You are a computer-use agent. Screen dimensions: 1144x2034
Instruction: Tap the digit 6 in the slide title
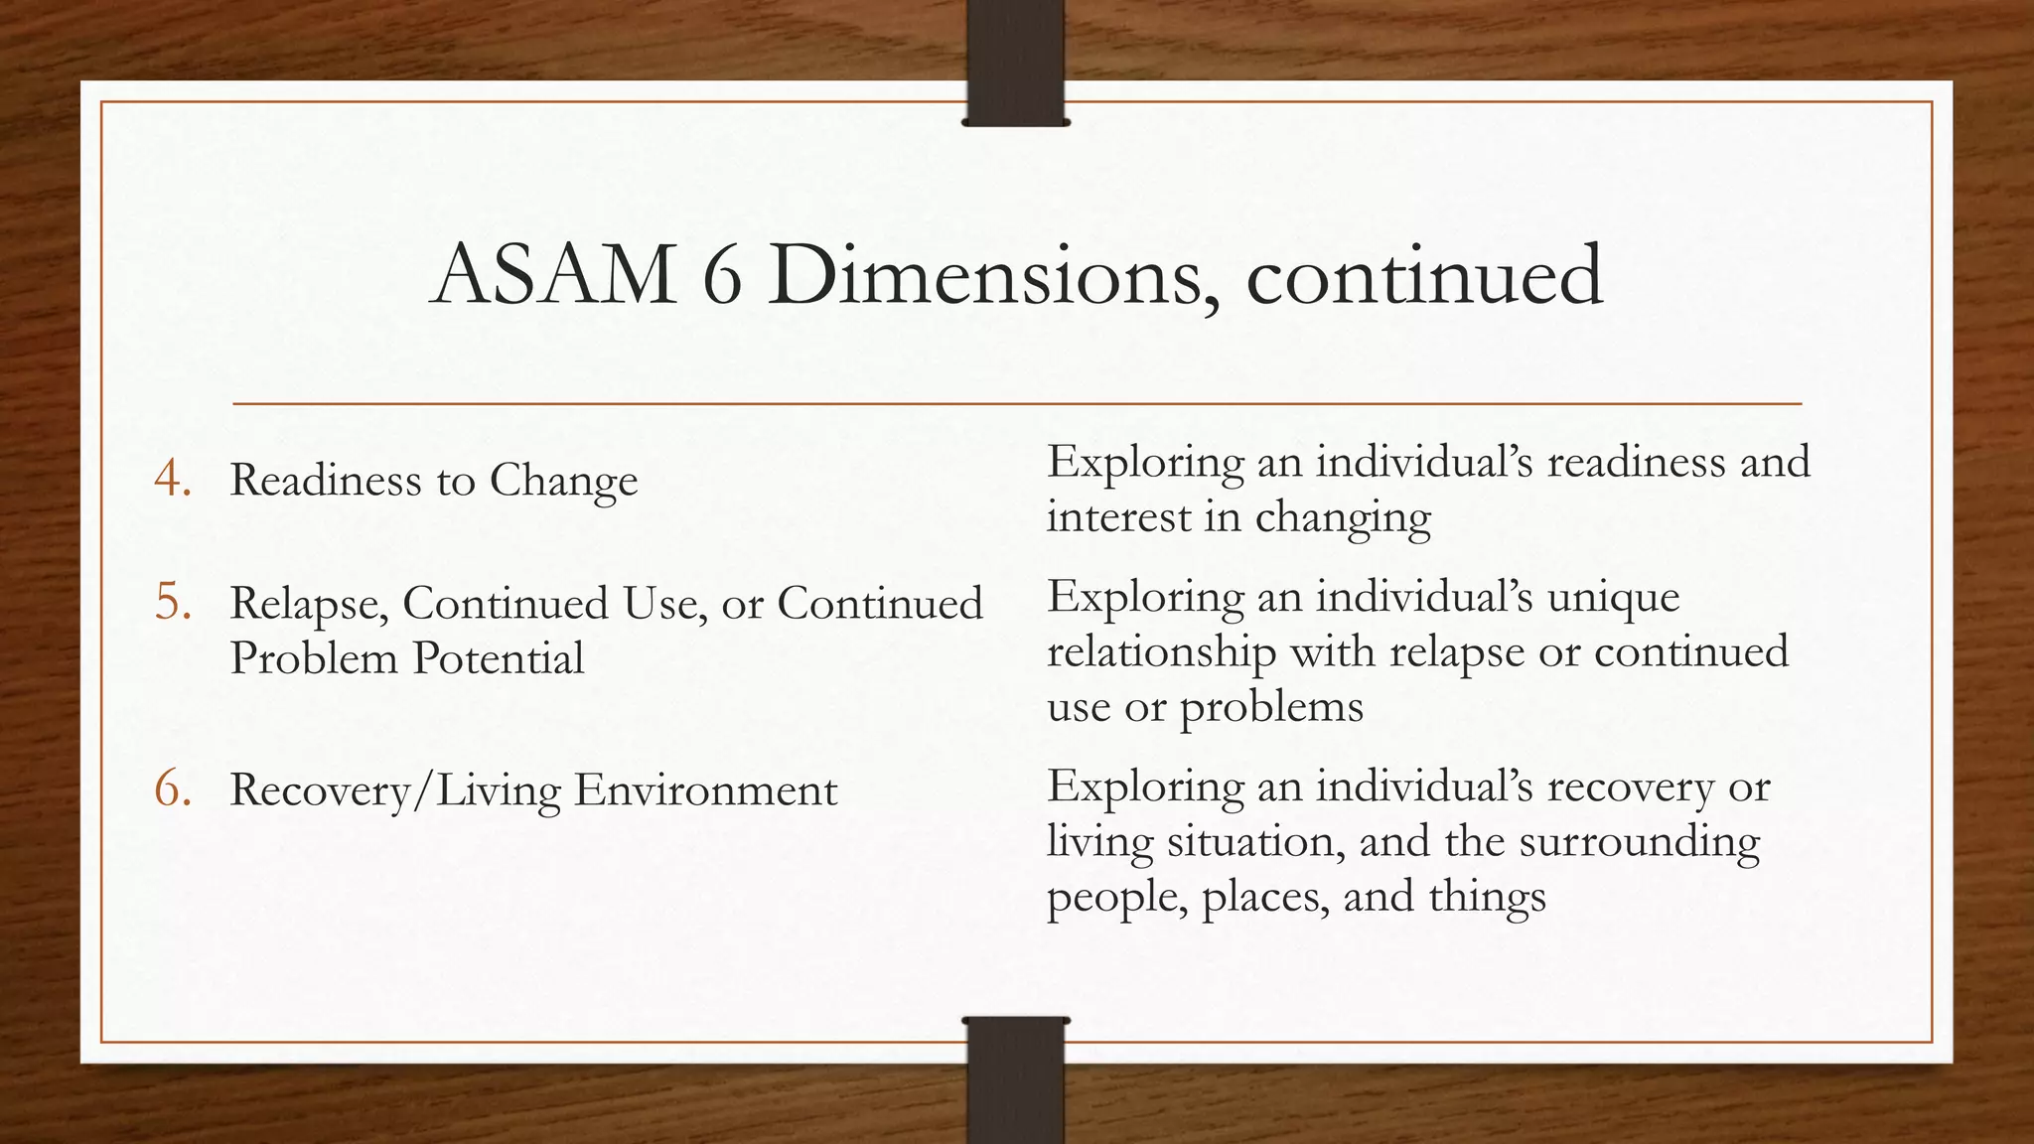coord(721,275)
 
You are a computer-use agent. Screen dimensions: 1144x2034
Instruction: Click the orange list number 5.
coord(172,602)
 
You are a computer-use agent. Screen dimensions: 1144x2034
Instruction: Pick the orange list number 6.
coord(172,789)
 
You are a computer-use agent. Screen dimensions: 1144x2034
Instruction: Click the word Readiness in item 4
coord(326,481)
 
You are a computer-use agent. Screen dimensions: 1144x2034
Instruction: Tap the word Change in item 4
coord(563,483)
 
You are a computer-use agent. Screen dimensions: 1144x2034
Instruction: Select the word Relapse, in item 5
coord(309,604)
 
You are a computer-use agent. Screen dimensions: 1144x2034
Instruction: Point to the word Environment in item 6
coord(705,790)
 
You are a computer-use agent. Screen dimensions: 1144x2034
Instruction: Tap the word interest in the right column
coord(1117,517)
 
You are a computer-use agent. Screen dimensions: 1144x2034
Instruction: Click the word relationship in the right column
coord(1161,653)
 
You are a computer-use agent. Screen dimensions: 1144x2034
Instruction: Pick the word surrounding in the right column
coord(1639,843)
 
